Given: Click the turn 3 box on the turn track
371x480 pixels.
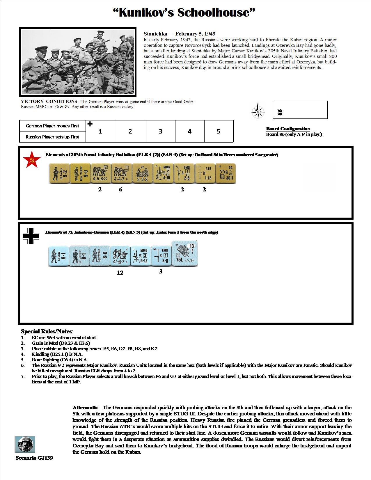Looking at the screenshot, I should coord(160,131).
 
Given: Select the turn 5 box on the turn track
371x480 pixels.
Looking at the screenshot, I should coord(219,131).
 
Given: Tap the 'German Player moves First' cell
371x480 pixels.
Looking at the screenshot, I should coord(52,126).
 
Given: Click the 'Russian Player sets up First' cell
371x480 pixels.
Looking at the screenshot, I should coord(52,137).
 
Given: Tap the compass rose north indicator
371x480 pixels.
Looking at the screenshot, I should coord(258,112).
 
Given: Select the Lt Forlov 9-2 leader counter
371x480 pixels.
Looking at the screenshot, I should coord(59,174).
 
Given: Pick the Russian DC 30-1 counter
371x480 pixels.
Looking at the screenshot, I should coord(226,174).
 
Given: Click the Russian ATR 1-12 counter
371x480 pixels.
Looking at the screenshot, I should coord(205,174).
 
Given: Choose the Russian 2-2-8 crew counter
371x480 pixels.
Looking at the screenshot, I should coord(142,174).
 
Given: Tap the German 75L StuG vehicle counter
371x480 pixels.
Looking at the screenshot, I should coord(185,254).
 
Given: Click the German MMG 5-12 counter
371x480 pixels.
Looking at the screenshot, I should coord(140,256).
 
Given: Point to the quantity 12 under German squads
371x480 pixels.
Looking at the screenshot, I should coord(120,273).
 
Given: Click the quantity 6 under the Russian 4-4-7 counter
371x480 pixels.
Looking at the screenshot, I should coord(120,190).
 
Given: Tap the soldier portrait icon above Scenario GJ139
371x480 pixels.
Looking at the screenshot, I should coord(25,444).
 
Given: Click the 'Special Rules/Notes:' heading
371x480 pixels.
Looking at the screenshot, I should coord(47,332).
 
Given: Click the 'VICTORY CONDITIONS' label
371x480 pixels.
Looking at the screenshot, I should coord(49,102).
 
